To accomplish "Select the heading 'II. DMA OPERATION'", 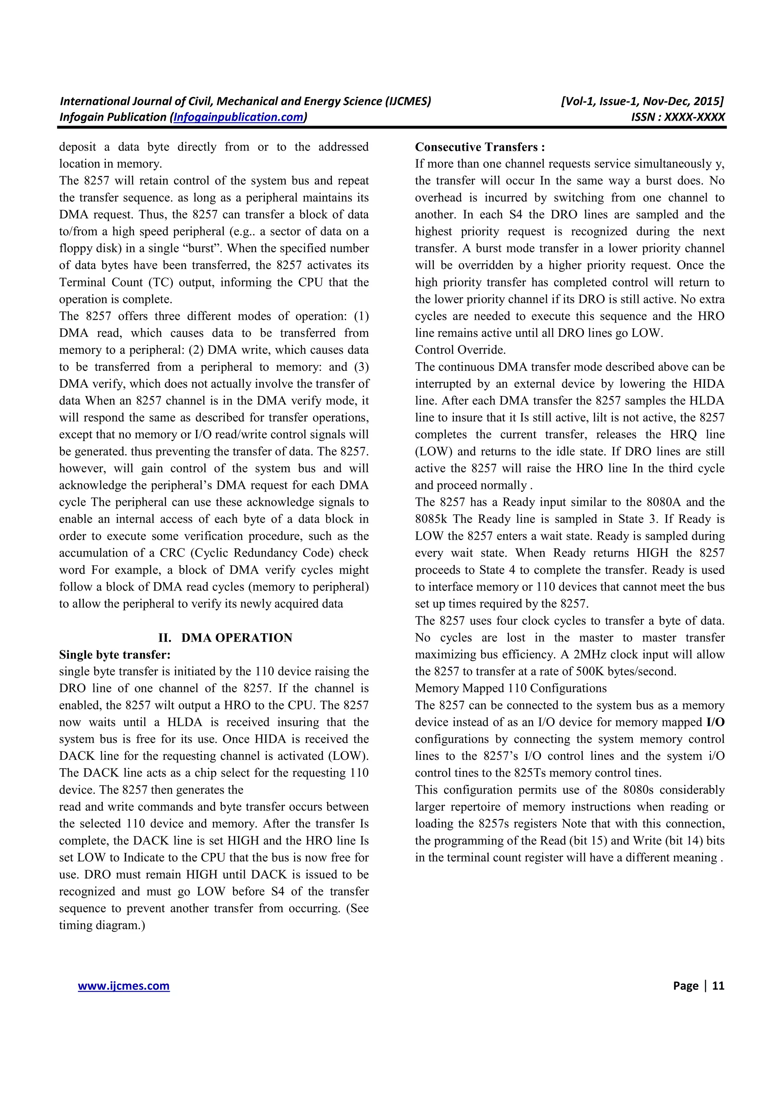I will (x=225, y=638).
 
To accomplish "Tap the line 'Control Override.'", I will (x=460, y=350).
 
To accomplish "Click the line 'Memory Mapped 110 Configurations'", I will (x=510, y=688).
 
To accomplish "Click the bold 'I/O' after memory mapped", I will (x=715, y=722).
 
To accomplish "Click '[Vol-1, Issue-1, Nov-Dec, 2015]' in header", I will (x=642, y=101).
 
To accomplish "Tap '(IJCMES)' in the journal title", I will (x=408, y=101).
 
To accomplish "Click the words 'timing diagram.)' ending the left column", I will (x=102, y=925).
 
